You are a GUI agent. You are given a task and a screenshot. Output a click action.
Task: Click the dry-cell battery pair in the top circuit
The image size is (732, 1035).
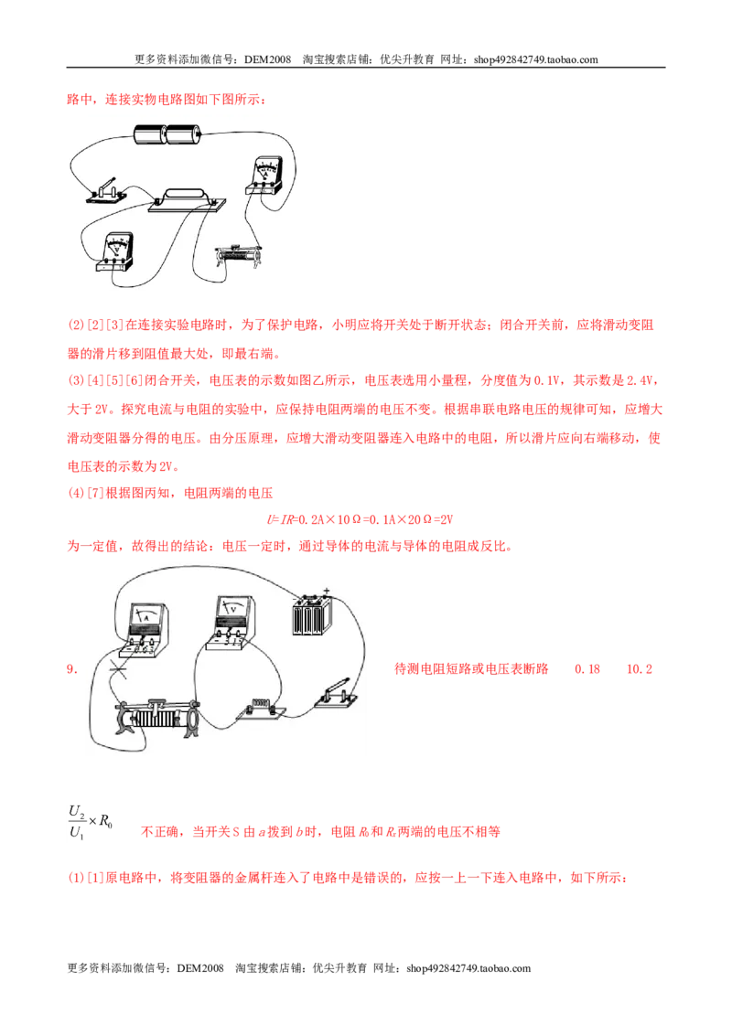[167, 134]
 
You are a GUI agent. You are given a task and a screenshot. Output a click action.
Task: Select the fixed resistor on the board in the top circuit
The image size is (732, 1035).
[187, 200]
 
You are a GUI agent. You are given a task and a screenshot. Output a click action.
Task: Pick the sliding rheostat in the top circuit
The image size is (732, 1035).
[239, 256]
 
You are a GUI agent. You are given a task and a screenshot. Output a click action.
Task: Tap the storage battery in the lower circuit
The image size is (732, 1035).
[312, 615]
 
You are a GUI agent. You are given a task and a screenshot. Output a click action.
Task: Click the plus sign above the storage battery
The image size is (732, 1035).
[326, 592]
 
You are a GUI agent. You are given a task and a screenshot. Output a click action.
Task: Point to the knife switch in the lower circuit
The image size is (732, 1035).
[337, 694]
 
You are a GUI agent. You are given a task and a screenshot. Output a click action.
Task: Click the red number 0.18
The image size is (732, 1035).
[587, 669]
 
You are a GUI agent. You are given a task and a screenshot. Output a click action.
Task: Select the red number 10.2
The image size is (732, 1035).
[640, 669]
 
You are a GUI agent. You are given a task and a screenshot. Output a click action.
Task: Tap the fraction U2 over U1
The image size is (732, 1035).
[77, 822]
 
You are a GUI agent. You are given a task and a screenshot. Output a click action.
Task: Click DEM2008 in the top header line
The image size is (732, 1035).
[267, 59]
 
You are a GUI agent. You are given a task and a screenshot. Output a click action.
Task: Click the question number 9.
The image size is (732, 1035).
[72, 669]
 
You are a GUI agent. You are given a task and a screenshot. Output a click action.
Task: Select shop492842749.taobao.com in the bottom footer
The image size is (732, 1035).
[468, 968]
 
